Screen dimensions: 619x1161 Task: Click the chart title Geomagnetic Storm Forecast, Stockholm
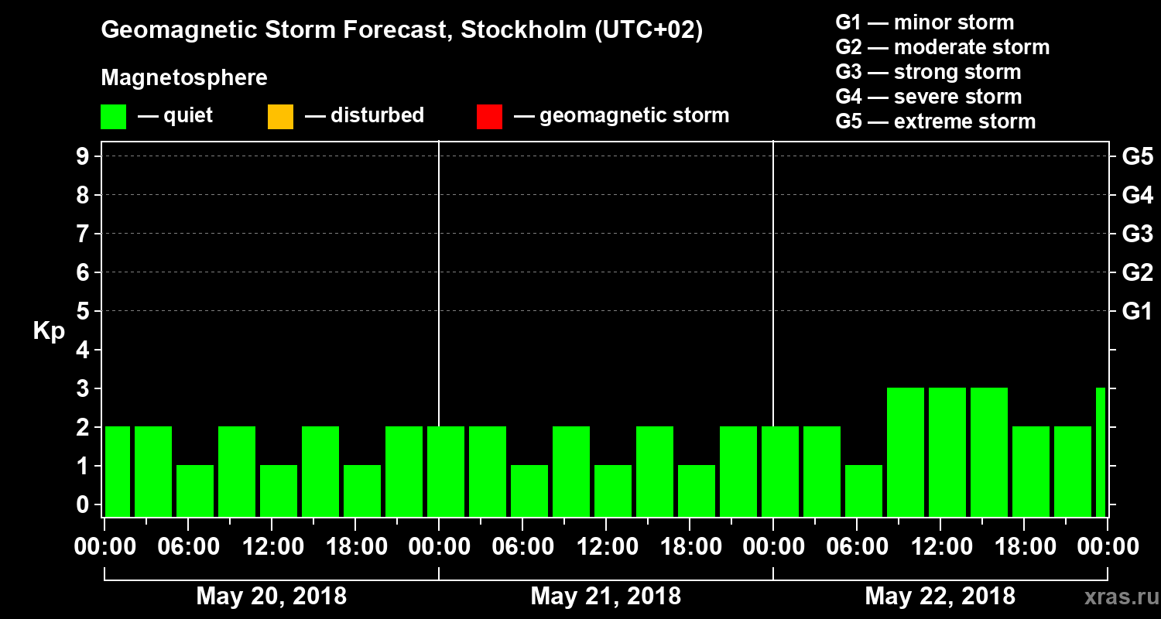(x=402, y=31)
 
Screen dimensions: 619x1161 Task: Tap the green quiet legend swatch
(x=113, y=117)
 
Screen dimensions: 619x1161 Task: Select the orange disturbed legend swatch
(x=280, y=117)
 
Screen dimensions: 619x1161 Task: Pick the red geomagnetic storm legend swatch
(x=489, y=117)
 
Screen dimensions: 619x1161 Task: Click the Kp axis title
(x=49, y=330)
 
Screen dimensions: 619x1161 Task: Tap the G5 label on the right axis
(x=1137, y=157)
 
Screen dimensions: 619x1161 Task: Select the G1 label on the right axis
(x=1137, y=312)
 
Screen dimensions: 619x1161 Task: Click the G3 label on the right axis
(x=1137, y=234)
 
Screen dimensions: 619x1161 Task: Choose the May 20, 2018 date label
(x=271, y=597)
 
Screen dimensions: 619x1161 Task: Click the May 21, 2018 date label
(x=605, y=597)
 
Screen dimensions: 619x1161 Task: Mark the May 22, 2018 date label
(x=940, y=597)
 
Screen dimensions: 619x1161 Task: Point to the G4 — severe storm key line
(x=928, y=97)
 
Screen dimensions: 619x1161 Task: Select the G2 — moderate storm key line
(x=942, y=47)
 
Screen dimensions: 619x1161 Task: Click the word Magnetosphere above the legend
(x=184, y=78)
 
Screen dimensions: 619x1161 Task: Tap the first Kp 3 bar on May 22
(x=906, y=452)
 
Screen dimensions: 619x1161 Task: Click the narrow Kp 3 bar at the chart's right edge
(x=1101, y=452)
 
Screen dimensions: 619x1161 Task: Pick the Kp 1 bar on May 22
(x=864, y=491)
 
